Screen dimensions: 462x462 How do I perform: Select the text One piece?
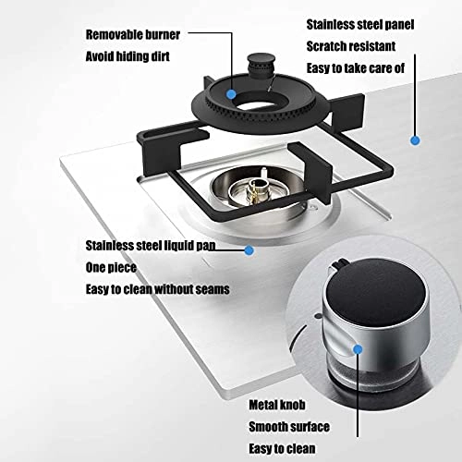111,267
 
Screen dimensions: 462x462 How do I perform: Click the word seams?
212,288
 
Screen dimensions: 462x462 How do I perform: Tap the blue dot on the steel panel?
415,140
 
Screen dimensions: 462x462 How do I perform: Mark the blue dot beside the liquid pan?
249,249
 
